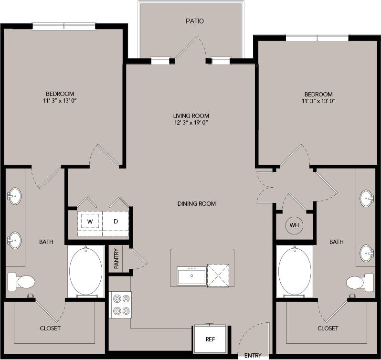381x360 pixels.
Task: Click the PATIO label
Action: pos(194,21)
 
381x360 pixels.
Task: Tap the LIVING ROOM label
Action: pos(191,116)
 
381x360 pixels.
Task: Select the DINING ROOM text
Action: pos(197,204)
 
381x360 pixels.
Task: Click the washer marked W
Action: pos(89,221)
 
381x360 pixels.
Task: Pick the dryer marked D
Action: pos(116,221)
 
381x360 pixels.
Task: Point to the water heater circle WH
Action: pos(294,225)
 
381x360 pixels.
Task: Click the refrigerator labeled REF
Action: pos(210,340)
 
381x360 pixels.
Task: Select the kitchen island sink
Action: pos(191,276)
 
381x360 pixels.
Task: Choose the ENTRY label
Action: pos(253,356)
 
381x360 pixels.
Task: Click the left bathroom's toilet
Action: pos(21,282)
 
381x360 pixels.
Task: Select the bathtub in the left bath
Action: pos(85,271)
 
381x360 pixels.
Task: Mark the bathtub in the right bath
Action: pos(295,270)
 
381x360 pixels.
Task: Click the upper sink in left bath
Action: pos(14,195)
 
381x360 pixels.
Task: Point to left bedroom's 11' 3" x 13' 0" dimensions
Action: pos(60,101)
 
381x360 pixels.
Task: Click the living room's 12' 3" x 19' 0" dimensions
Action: pos(191,123)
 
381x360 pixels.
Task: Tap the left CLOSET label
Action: pos(50,328)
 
